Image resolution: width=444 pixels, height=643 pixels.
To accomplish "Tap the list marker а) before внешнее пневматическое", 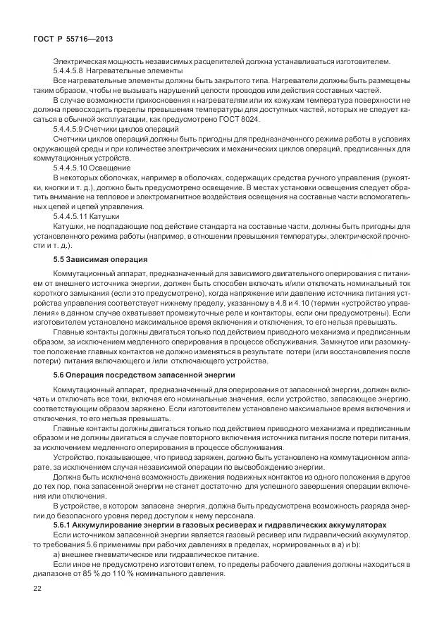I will click(x=58, y=553).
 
